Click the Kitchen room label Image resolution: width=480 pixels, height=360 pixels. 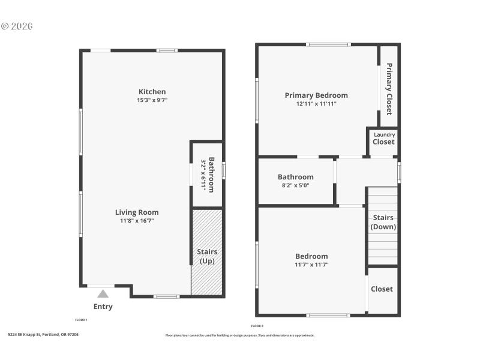coord(151,92)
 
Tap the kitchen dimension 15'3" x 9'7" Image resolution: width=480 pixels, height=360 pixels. coord(151,100)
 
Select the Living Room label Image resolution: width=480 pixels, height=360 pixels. coord(137,212)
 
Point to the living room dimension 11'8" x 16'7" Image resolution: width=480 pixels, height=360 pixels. coord(137,221)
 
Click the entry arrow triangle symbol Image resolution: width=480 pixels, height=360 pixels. coord(103,294)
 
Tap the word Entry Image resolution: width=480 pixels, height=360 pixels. coord(103,307)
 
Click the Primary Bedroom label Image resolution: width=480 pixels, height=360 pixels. coord(316,95)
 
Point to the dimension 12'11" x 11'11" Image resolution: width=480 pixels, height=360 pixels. coord(316,104)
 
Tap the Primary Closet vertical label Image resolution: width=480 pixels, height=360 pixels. coord(389,89)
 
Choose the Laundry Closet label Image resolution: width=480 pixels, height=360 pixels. coord(383,139)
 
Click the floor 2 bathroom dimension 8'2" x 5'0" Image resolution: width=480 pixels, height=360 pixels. coord(295,185)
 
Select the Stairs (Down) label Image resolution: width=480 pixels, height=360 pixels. coord(383,222)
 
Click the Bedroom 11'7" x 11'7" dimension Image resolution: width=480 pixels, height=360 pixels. coord(311,265)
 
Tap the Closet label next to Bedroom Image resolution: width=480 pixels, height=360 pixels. coord(382,289)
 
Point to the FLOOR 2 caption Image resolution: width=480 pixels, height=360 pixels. coord(257,326)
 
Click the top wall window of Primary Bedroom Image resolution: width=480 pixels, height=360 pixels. coord(328,44)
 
